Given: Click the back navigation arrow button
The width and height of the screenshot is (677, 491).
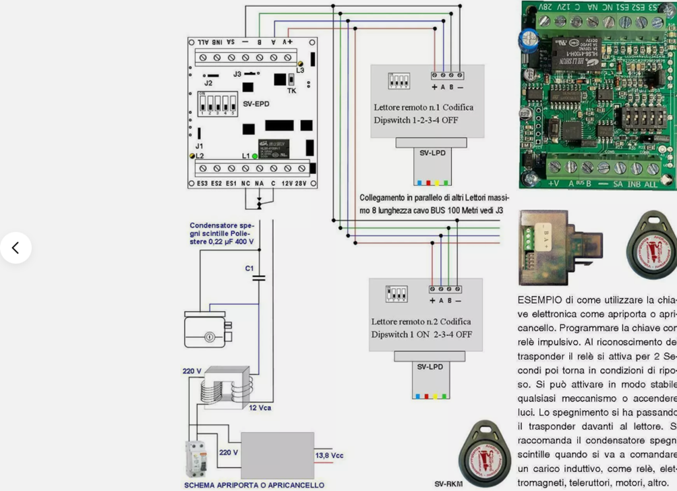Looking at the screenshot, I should click(16, 248).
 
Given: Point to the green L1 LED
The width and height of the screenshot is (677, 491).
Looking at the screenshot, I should click(255, 156).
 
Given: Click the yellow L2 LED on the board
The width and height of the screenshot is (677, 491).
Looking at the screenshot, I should click(192, 156).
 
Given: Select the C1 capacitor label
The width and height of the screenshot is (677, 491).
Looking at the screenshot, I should click(249, 268).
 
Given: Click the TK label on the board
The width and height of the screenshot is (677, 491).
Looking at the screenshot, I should click(291, 90).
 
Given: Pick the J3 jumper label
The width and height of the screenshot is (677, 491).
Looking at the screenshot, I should click(237, 74).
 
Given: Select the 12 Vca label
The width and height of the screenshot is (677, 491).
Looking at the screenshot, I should click(261, 408).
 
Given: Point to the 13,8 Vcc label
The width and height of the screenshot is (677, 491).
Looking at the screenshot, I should click(329, 456).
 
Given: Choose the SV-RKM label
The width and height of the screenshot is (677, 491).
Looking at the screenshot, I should click(448, 484).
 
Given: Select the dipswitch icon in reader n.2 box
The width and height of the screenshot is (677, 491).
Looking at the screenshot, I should click(396, 294).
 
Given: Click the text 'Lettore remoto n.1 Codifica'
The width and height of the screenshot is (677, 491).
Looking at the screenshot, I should click(423, 107).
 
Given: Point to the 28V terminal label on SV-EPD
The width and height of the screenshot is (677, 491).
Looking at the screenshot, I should click(301, 183).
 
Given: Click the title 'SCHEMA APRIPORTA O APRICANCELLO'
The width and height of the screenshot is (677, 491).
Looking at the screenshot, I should click(254, 484).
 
